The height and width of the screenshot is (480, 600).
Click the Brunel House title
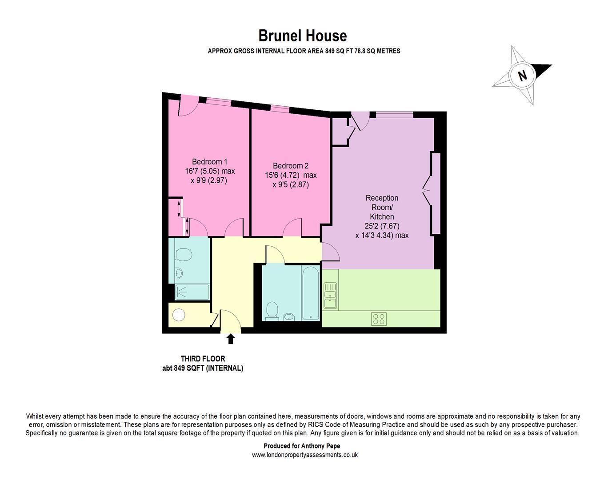303,36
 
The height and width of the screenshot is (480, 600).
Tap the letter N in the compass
522,75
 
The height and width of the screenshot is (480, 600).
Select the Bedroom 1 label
209,162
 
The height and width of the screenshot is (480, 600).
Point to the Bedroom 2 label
290,165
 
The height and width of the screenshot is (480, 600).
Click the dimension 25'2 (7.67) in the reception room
382,226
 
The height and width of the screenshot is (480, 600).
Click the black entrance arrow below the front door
230,339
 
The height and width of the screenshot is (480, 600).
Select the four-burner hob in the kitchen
379,319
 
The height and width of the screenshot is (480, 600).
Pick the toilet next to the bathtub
271,311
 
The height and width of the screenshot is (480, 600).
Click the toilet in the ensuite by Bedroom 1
183,255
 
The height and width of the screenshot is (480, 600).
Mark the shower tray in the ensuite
192,292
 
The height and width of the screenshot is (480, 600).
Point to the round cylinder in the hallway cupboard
179,315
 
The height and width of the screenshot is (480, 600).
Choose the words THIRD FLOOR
203,359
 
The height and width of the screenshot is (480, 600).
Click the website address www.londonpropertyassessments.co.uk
304,455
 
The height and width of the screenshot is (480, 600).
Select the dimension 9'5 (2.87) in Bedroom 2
291,184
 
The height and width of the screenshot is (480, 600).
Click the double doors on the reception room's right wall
428,191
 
